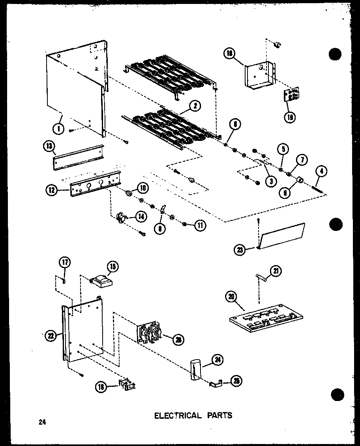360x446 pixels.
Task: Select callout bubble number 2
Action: tap(195, 106)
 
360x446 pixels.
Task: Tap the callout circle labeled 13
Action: tap(49, 146)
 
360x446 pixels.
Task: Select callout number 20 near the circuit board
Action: tap(231, 296)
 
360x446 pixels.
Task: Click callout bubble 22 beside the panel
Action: tap(51, 336)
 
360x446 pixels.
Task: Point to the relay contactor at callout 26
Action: tap(149, 334)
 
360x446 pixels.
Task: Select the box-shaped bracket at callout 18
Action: tap(259, 75)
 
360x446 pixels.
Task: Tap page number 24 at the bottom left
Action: tap(41, 423)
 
